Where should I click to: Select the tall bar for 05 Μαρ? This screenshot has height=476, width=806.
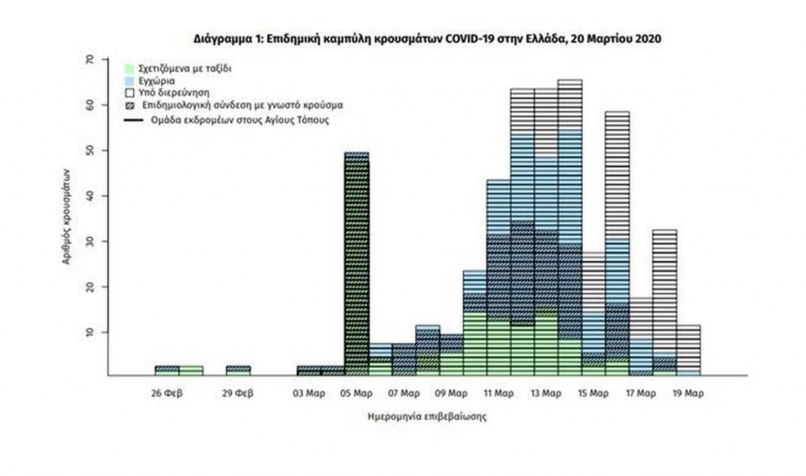pyautogui.click(x=357, y=264)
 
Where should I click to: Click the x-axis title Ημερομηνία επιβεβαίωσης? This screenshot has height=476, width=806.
pyautogui.click(x=426, y=417)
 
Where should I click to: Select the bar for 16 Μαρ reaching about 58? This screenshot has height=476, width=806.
pyautogui.click(x=617, y=244)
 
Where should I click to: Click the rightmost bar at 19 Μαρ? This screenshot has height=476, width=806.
pyautogui.click(x=688, y=350)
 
